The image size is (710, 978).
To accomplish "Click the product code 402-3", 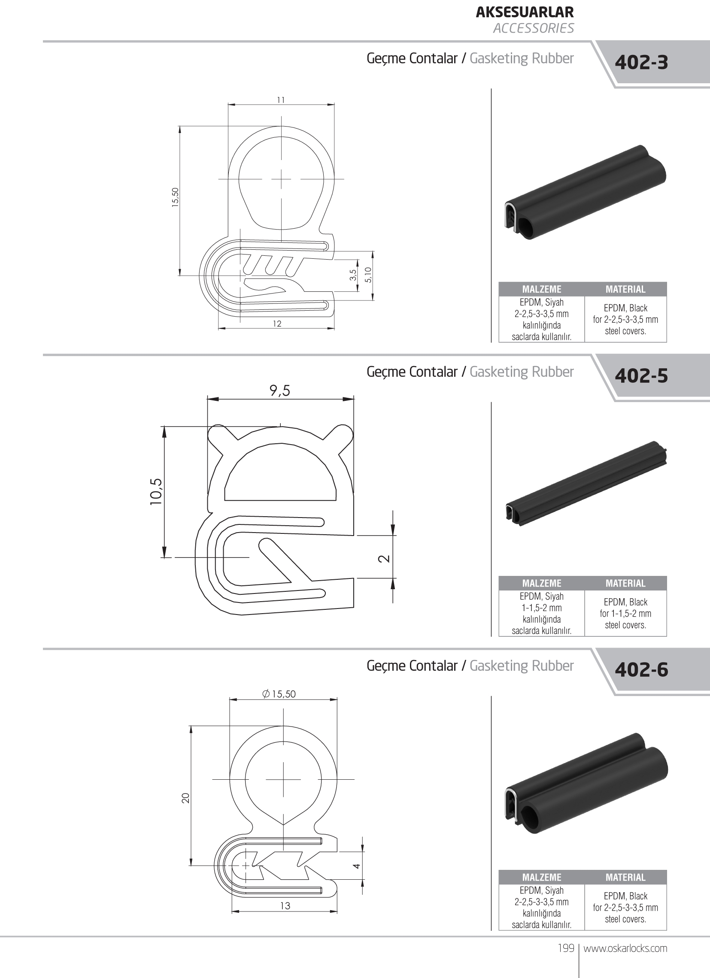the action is coord(641,63).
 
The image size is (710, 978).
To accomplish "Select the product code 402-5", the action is coord(641,376).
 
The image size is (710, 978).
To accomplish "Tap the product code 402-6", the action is coord(641,670).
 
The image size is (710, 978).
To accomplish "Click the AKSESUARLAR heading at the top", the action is coord(525,12).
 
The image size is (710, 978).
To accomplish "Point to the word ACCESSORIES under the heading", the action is coord(534,28).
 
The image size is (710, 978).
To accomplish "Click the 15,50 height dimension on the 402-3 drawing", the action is coord(175,197).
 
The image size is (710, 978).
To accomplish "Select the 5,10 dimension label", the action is coord(367,275).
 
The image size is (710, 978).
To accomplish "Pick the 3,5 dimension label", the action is coord(353,275).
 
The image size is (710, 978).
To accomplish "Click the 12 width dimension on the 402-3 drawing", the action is coord(277,324).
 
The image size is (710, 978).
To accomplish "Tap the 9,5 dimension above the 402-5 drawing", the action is coord(280,391).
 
